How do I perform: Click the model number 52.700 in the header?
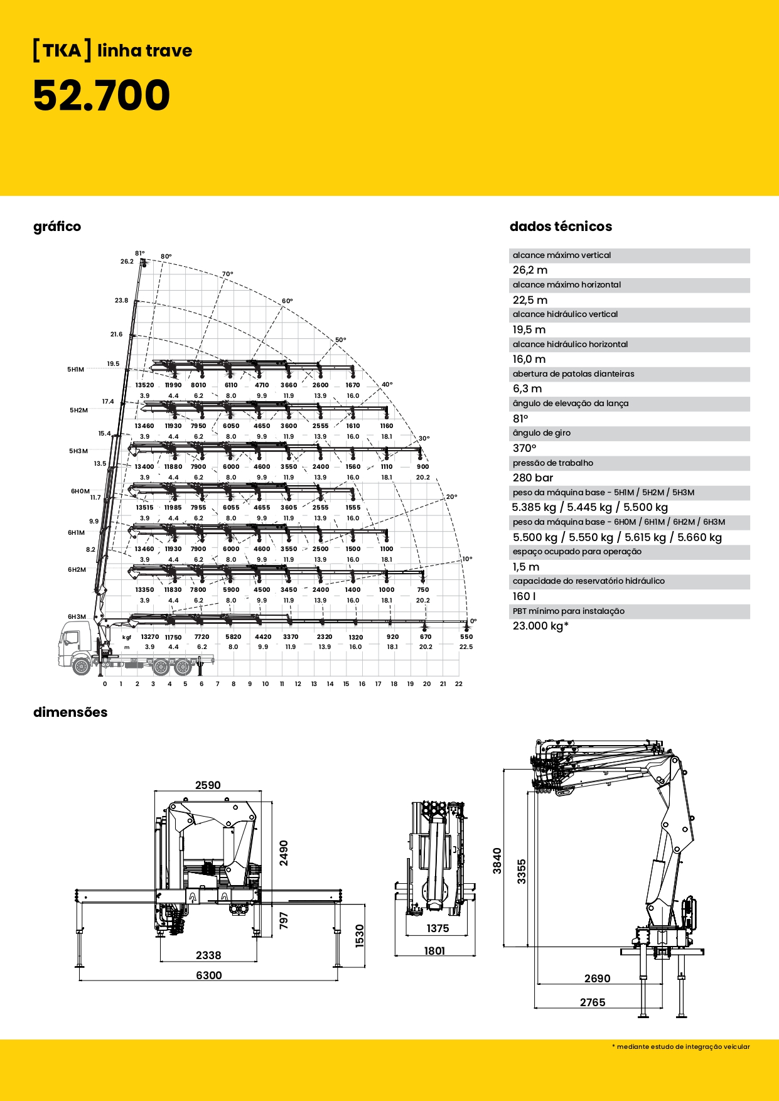click(x=101, y=95)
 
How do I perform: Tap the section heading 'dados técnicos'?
click(x=561, y=227)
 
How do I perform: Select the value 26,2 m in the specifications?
click(x=530, y=270)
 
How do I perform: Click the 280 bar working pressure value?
click(x=533, y=478)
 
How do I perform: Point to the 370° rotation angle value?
click(x=525, y=448)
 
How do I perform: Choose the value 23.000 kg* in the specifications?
click(x=540, y=626)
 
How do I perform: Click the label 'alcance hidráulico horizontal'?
click(x=570, y=344)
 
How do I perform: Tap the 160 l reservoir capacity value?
click(x=524, y=596)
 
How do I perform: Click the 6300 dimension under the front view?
click(x=209, y=975)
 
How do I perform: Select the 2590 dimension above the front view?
click(x=208, y=785)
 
